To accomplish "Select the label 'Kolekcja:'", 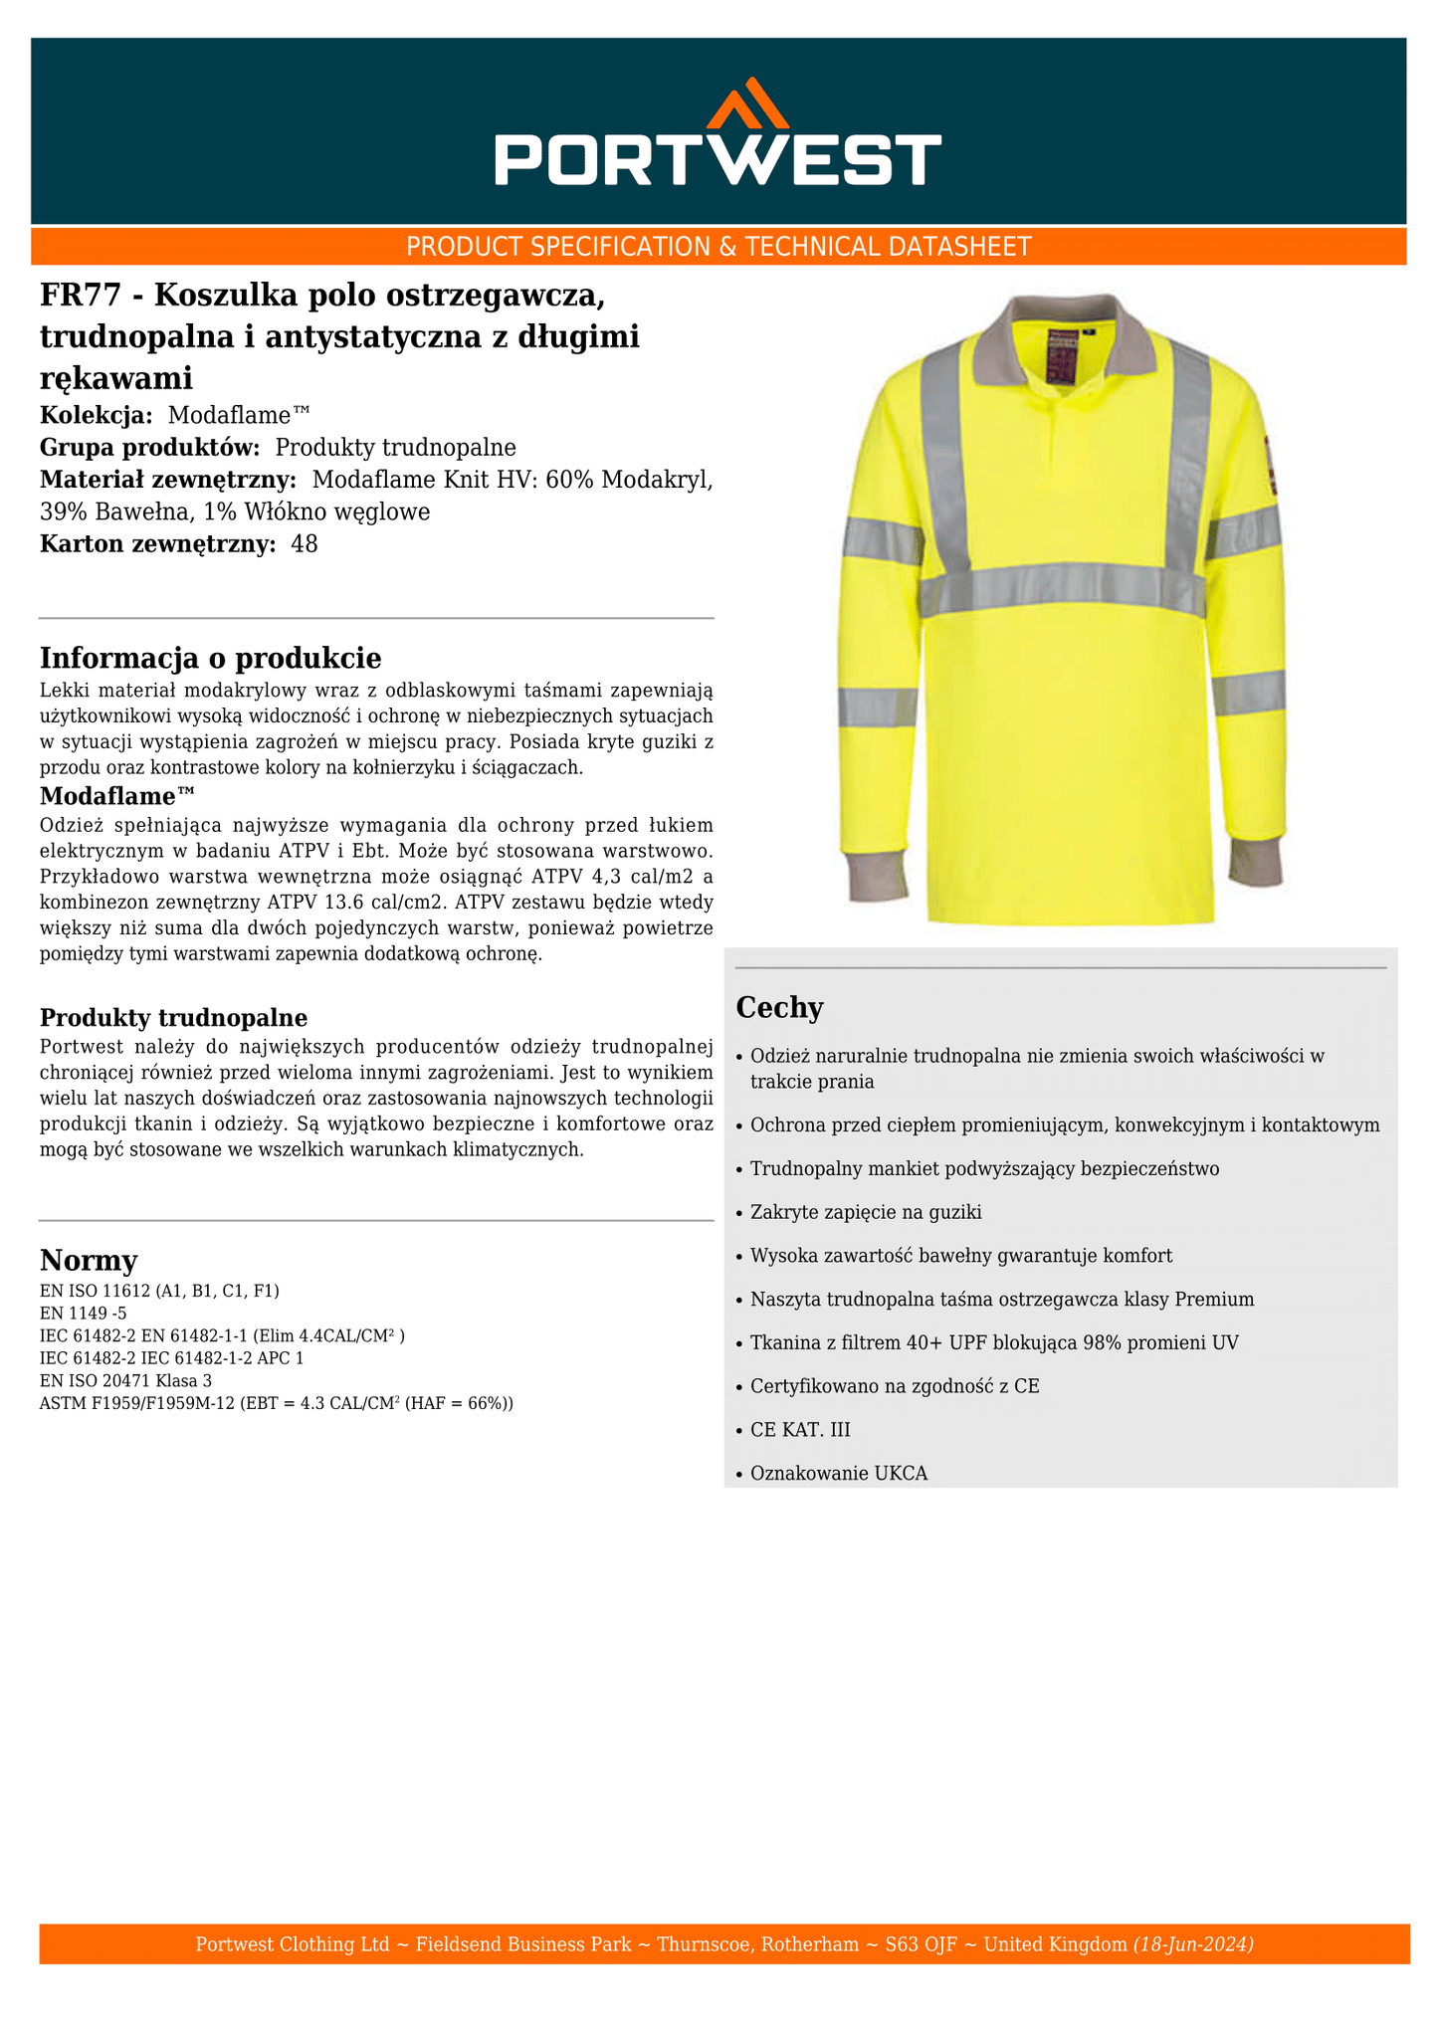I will point(97,415).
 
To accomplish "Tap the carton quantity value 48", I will point(305,544).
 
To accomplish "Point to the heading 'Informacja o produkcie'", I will point(210,658).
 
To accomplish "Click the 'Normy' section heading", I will point(89,1261).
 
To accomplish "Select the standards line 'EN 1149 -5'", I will point(83,1313).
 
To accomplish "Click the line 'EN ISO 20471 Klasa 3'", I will point(125,1381).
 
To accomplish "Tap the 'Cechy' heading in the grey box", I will point(779,1008).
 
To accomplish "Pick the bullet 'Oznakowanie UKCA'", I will point(839,1474).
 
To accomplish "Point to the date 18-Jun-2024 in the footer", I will point(1193,1943).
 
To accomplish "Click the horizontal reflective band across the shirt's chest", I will point(1062,589).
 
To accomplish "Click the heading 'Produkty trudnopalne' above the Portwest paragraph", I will point(173,1018).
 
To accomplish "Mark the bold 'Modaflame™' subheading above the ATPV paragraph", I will point(117,796).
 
